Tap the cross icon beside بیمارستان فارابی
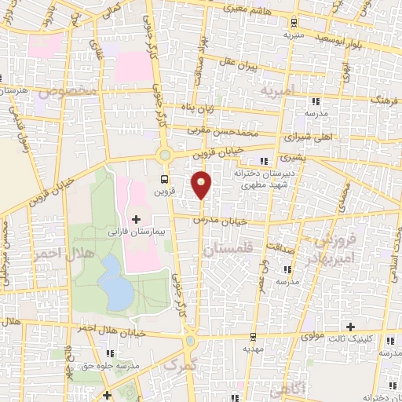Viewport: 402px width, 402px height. point(137,218)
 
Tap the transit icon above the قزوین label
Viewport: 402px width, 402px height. point(163,178)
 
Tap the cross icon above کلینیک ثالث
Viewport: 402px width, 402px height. point(350,326)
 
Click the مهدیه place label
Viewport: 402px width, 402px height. point(251,348)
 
